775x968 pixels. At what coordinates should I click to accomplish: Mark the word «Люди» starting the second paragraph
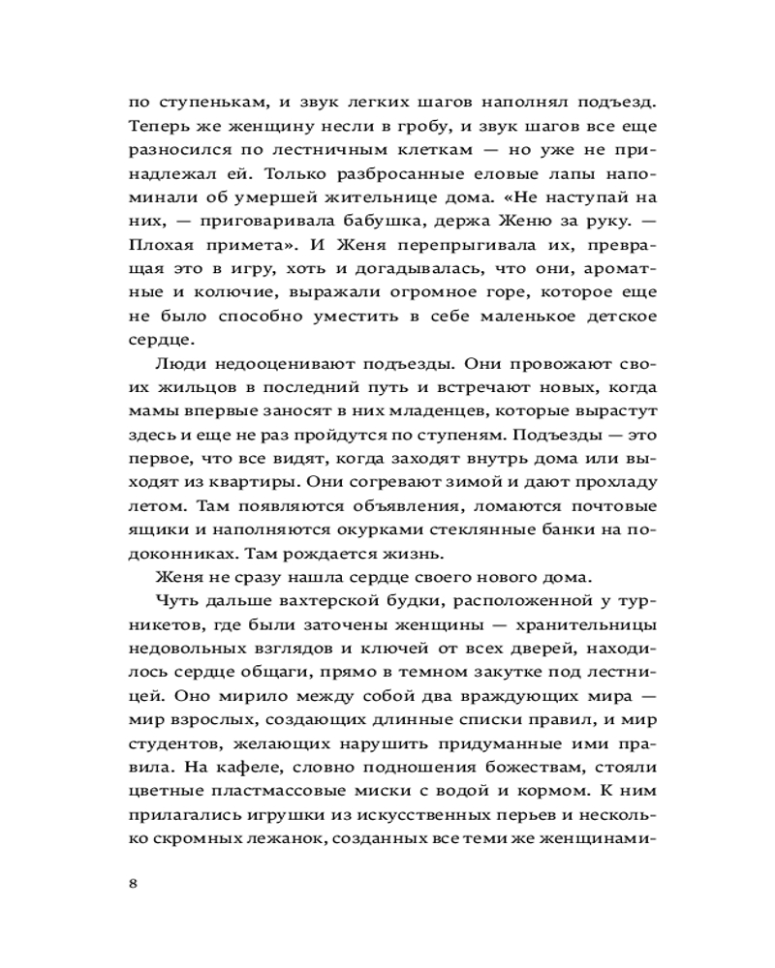tap(178, 367)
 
